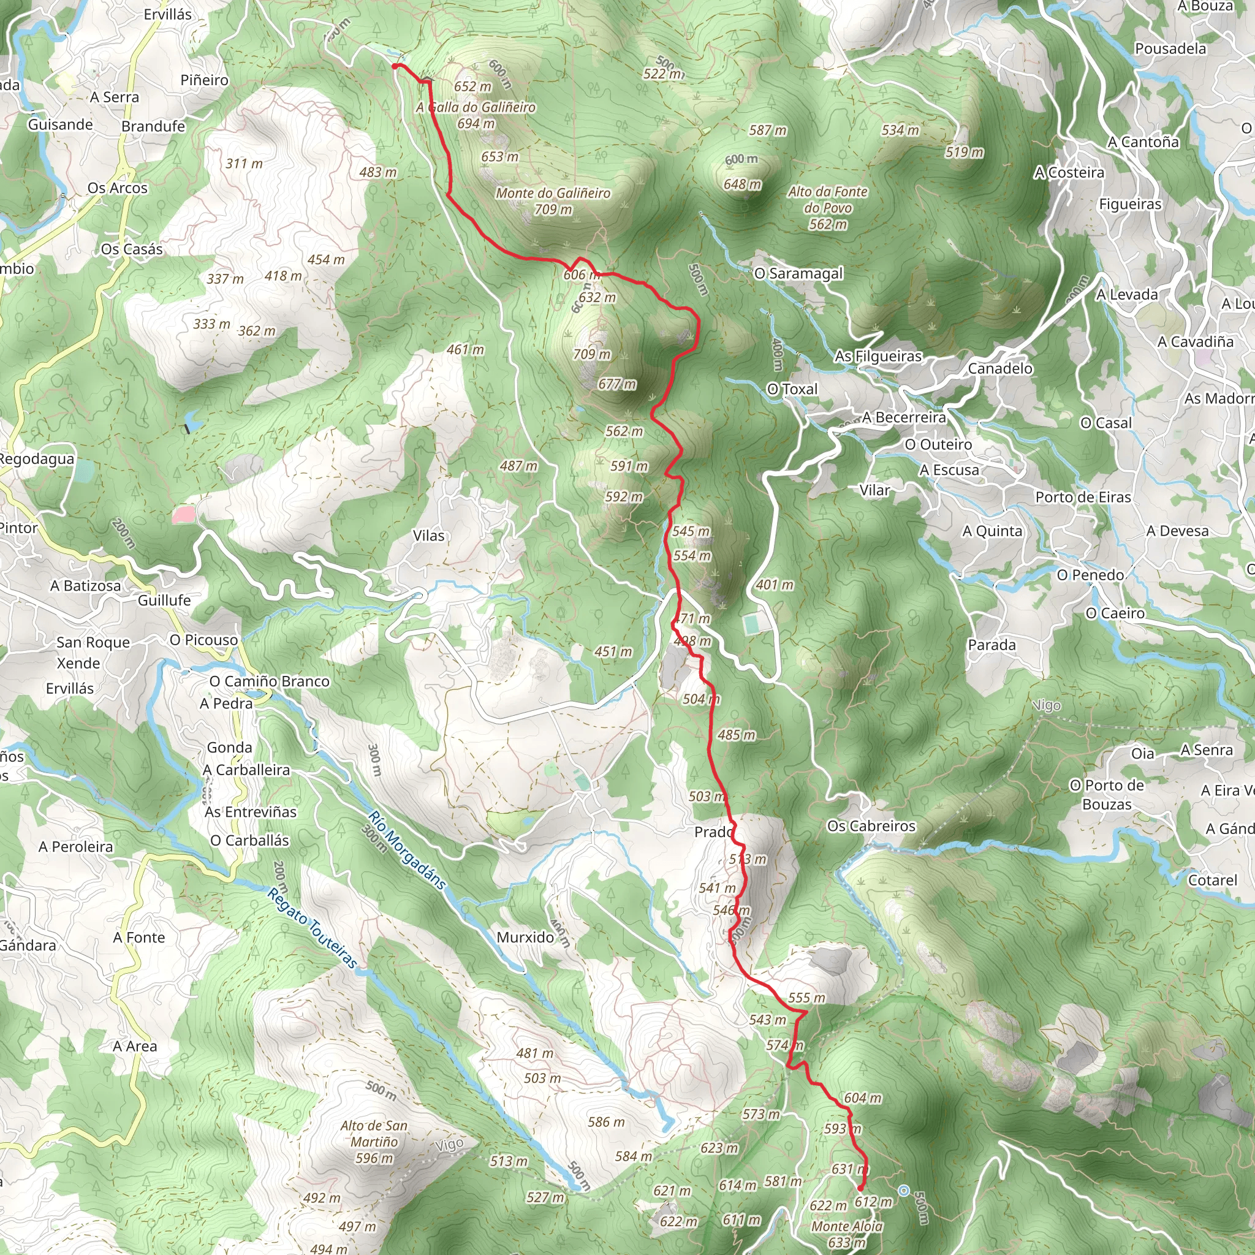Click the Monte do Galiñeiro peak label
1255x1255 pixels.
(553, 194)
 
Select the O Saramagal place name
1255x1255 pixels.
(798, 273)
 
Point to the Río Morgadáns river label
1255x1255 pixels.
(407, 850)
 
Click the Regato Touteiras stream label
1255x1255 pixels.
(312, 928)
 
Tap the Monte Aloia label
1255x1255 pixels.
(846, 1226)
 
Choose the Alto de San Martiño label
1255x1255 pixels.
(374, 1142)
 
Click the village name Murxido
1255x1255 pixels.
(525, 938)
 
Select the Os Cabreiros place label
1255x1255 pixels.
(871, 825)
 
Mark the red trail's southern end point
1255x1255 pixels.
(860, 1189)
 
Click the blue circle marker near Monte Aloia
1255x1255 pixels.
(903, 1191)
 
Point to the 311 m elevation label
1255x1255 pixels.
(245, 164)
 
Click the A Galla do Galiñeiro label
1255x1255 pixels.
(476, 107)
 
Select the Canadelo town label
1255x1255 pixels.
(999, 368)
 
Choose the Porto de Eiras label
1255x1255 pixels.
(1083, 497)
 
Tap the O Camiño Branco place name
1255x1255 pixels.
(269, 681)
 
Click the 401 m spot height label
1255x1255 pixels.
(775, 585)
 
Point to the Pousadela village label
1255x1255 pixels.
(1170, 49)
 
